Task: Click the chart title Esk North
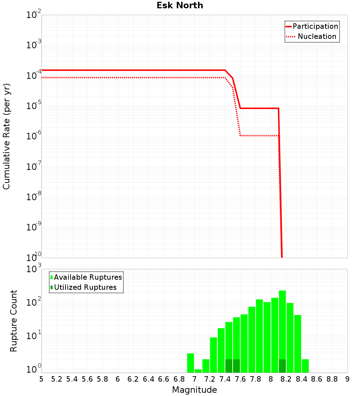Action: (x=180, y=5)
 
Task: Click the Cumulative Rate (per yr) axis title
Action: (x=6, y=136)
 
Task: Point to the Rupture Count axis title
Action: (x=14, y=321)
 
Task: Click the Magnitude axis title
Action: (x=194, y=390)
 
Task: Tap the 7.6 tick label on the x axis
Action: (x=240, y=379)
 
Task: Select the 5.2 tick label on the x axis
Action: (x=57, y=379)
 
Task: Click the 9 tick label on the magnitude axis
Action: (x=347, y=379)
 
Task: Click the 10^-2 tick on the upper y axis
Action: (x=34, y=15)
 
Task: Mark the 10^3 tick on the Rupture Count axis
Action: (x=34, y=269)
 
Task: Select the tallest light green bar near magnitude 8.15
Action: (x=282, y=324)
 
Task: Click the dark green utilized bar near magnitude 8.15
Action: (x=282, y=366)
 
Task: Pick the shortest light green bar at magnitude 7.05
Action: (x=198, y=371)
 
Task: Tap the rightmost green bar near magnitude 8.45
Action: (x=305, y=366)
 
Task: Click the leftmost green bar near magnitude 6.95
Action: (x=190, y=363)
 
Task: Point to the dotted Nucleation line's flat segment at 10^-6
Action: (x=259, y=136)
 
